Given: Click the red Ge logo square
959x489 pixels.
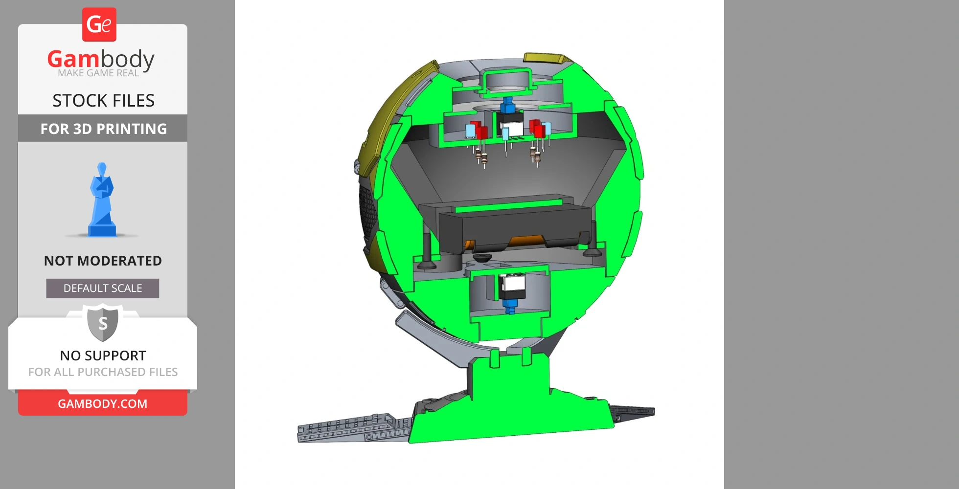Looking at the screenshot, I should pyautogui.click(x=99, y=24).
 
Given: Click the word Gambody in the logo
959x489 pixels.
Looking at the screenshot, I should pyautogui.click(x=101, y=59).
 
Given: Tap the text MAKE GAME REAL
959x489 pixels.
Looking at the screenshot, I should pyautogui.click(x=98, y=73).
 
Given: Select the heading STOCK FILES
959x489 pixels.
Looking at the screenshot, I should pyautogui.click(x=103, y=101).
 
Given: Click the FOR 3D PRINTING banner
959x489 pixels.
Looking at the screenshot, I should pyautogui.click(x=103, y=129).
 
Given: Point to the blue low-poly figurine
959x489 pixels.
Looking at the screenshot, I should pyautogui.click(x=102, y=200).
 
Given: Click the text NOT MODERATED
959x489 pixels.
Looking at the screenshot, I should pyautogui.click(x=103, y=261).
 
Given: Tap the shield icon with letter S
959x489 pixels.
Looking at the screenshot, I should pyautogui.click(x=103, y=322).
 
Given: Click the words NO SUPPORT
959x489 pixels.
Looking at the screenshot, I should pyautogui.click(x=103, y=356).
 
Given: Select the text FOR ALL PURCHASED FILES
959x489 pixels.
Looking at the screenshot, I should pyautogui.click(x=103, y=372).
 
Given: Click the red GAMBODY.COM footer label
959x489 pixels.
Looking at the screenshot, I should pyautogui.click(x=103, y=403).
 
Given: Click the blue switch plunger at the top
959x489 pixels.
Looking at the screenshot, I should pyautogui.click(x=507, y=105).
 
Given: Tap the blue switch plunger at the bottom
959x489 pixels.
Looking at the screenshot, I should pyautogui.click(x=510, y=306).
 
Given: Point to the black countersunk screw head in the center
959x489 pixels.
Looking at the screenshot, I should pyautogui.click(x=482, y=257).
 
